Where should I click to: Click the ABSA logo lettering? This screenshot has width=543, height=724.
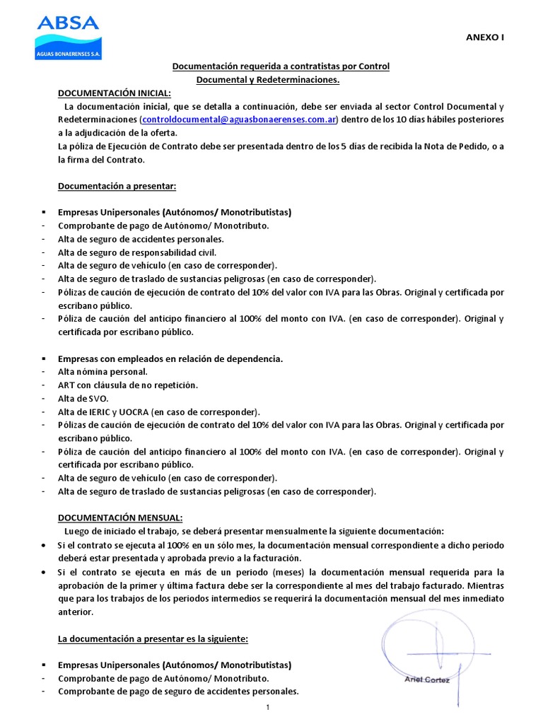(x=68, y=23)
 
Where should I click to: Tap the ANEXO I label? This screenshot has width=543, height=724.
(x=484, y=38)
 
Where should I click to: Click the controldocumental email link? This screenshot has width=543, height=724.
(x=240, y=119)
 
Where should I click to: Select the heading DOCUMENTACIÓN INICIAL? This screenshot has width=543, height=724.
(x=114, y=93)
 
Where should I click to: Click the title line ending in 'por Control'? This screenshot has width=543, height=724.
(x=281, y=66)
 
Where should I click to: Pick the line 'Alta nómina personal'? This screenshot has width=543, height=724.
(x=103, y=372)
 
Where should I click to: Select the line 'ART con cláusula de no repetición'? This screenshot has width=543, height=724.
(x=128, y=385)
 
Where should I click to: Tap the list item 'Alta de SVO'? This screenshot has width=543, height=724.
(x=83, y=399)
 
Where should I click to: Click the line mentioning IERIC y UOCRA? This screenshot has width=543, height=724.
(x=159, y=412)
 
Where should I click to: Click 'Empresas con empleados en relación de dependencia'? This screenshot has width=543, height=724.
(x=170, y=358)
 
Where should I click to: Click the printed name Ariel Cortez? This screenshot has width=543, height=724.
(x=427, y=679)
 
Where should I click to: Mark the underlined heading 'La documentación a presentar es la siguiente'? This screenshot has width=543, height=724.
(x=153, y=638)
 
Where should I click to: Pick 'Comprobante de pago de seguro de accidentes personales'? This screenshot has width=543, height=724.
(x=178, y=691)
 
